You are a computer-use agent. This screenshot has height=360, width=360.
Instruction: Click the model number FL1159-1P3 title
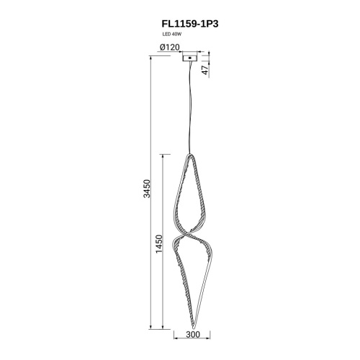(190, 24)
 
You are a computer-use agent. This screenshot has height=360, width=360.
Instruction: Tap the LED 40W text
(171, 35)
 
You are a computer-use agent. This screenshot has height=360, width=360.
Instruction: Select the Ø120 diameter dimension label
(169, 48)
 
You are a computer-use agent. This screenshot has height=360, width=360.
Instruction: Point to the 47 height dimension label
(205, 70)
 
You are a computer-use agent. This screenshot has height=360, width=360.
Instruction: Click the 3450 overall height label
(146, 189)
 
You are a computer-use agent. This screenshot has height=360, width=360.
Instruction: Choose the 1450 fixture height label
(159, 244)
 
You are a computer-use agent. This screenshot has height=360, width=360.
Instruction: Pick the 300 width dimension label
(193, 334)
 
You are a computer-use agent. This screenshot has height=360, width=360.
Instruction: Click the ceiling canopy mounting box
(190, 58)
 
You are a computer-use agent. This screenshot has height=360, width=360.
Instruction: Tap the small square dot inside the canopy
(190, 58)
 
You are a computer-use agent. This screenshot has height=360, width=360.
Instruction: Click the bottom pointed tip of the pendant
(194, 328)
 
